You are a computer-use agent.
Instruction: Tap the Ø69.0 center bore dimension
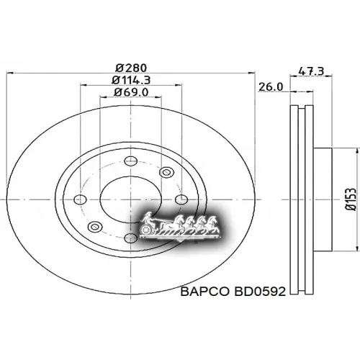[130, 92]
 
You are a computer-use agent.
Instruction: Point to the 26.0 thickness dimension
[271, 86]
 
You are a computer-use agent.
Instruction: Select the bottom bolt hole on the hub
[130, 237]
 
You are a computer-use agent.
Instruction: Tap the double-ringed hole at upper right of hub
[167, 171]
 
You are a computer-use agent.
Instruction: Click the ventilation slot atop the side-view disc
[300, 108]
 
